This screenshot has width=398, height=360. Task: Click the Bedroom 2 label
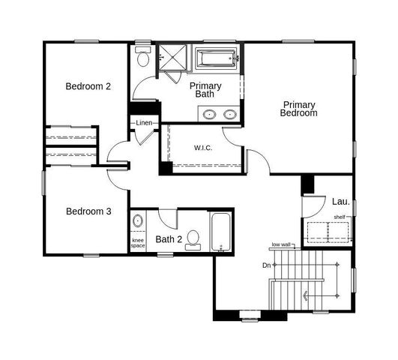88,86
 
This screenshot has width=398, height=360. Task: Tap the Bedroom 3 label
88,211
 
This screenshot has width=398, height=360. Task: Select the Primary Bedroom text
299,109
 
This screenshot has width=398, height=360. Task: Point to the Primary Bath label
205,90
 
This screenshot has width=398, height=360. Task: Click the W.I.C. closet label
203,148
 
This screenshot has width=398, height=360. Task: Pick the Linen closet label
145,122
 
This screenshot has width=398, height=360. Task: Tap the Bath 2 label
169,240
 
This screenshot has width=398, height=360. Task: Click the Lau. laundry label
341,202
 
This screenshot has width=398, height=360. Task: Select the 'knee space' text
138,242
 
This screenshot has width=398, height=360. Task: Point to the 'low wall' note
281,244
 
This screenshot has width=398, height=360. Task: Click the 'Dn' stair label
266,265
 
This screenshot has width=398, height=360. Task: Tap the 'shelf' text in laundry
340,217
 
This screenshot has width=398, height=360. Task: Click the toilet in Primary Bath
144,57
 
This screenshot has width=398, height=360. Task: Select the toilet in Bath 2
193,238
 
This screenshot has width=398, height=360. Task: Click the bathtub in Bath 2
220,232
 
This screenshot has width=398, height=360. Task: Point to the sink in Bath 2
138,221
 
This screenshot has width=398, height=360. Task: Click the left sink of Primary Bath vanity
209,115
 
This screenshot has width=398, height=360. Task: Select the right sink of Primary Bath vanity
229,115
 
